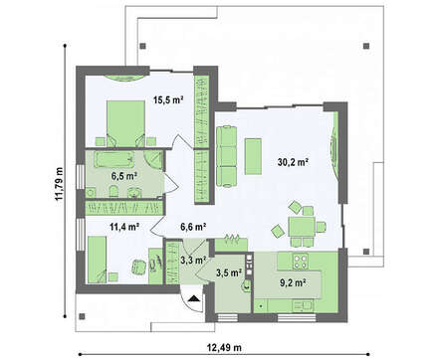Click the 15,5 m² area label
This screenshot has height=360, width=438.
tap(168, 99)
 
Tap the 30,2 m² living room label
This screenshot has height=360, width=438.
tap(294, 162)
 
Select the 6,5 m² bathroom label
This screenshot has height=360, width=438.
tap(124, 176)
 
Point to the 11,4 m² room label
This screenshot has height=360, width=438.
tap(124, 227)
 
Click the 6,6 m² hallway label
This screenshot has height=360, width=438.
tap(193, 227)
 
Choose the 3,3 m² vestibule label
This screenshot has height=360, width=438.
tap(193, 261)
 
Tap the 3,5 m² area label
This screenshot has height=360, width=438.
tap(229, 272)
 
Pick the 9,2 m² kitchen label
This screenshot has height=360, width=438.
tap(293, 282)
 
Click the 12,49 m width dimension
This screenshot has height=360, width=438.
tap(224, 348)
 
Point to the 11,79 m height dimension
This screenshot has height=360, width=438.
tap(59, 183)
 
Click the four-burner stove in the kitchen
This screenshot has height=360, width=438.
tap(300, 261)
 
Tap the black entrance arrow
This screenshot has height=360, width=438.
tap(193, 299)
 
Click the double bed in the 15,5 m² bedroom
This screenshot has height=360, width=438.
tap(125, 123)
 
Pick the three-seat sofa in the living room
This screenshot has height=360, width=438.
tap(227, 156)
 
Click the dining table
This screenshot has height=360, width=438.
tap(302, 227)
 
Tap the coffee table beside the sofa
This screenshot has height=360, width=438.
tap(253, 156)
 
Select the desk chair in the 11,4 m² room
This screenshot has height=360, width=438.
tap(138, 267)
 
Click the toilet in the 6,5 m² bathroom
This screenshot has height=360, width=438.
tap(113, 191)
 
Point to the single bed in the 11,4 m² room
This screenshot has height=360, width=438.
tap(98, 260)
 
